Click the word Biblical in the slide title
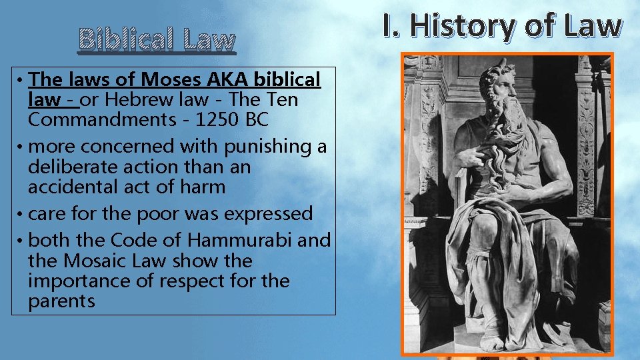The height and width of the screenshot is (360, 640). tap(123, 40)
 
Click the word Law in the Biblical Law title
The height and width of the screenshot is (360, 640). tap(206, 40)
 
